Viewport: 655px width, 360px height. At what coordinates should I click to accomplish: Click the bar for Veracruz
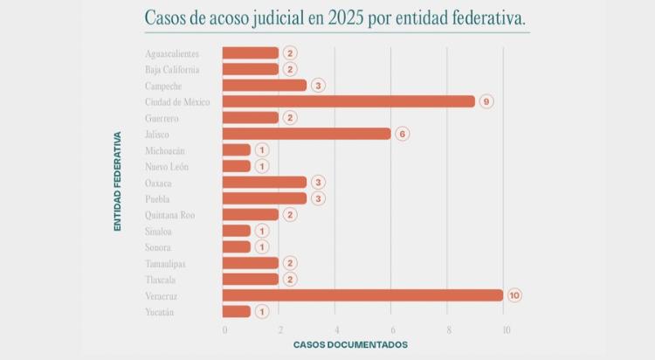click(x=362, y=295)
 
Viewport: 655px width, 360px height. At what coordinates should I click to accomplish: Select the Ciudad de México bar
click(x=348, y=101)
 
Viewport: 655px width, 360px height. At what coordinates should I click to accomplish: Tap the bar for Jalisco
click(x=307, y=134)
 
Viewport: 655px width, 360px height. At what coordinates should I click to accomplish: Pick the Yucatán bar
click(x=237, y=311)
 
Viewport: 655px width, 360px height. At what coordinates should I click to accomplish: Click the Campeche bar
click(x=265, y=86)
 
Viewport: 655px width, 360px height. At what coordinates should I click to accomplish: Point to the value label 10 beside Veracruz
click(x=514, y=295)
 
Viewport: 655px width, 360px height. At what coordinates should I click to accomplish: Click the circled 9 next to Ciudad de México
click(x=486, y=101)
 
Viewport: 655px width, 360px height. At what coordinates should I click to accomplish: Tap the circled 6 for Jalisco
click(x=402, y=134)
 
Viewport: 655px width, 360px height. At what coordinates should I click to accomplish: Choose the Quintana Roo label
click(x=170, y=215)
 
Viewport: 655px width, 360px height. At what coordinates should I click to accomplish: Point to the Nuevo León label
click(x=166, y=166)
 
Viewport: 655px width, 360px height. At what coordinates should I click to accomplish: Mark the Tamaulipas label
click(x=165, y=263)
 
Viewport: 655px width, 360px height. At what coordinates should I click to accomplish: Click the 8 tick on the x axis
click(x=449, y=329)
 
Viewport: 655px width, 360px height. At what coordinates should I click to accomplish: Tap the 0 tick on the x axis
click(x=224, y=329)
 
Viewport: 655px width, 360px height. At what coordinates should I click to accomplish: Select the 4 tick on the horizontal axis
click(x=336, y=329)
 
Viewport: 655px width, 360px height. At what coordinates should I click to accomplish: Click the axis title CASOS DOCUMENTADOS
click(x=350, y=345)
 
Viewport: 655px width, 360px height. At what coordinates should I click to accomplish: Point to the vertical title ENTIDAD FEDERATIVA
click(x=117, y=181)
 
